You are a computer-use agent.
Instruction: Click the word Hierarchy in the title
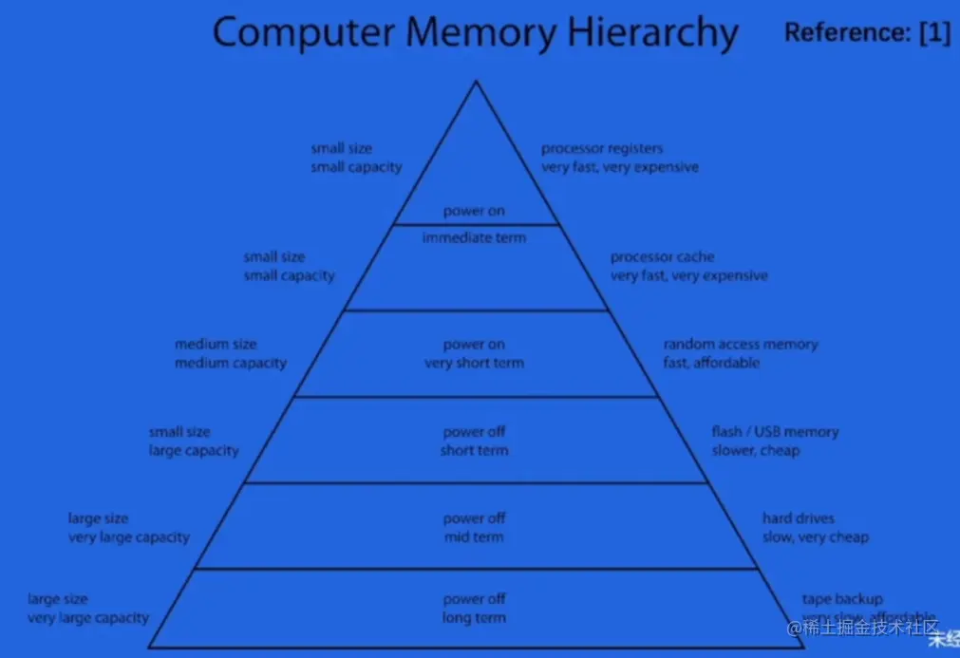point(653,33)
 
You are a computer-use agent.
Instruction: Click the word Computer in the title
point(303,33)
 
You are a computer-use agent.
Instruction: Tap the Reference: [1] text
point(866,33)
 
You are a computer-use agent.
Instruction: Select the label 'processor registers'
point(602,149)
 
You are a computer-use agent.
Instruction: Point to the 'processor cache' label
point(662,257)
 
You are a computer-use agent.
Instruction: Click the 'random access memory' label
point(740,345)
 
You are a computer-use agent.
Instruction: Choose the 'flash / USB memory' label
point(775,432)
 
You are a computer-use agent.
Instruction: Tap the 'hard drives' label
point(799,518)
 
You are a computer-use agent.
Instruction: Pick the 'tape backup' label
point(842,599)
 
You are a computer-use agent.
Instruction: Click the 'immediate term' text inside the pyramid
point(474,237)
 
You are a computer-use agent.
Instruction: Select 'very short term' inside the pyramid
point(474,363)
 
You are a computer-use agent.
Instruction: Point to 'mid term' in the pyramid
point(474,537)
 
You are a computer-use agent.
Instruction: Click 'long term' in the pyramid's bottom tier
point(474,618)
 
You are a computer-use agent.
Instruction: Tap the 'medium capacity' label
point(231,363)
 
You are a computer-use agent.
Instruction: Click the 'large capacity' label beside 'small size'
point(194,451)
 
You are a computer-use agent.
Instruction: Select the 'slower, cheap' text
point(756,450)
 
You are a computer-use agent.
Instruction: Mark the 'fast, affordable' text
point(711,363)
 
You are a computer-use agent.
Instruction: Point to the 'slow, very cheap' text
point(815,537)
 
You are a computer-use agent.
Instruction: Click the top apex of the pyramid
point(476,83)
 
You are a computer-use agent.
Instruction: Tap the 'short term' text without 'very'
point(474,450)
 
